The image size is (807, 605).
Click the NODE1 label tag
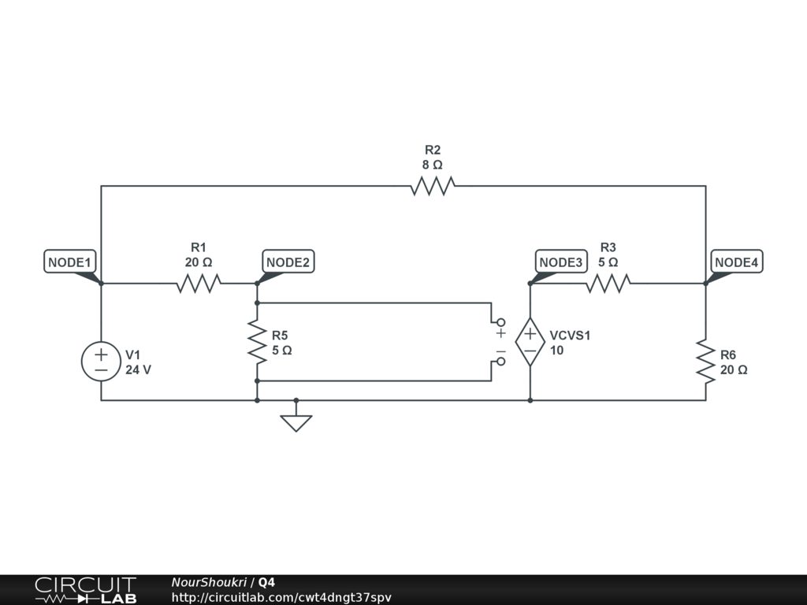70,262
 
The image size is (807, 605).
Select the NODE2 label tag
288,262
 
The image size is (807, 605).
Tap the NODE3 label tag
561,262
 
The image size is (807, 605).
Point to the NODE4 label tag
736,262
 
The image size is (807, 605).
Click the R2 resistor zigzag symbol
433,186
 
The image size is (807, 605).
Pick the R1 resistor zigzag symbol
199,283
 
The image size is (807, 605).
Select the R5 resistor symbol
257,341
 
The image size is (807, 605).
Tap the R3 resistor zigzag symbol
608,283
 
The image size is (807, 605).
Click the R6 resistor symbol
705,361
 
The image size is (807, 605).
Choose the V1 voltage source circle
101,361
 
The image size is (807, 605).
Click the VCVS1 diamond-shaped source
530,342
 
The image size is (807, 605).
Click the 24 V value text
138,369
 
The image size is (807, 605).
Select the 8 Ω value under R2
432,165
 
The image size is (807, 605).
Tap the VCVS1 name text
570,335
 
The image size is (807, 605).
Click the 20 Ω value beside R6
733,369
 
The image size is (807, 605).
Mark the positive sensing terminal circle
500,322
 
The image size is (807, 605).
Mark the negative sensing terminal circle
500,362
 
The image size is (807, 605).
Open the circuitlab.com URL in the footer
281,597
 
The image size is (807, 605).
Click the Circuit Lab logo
85,589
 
